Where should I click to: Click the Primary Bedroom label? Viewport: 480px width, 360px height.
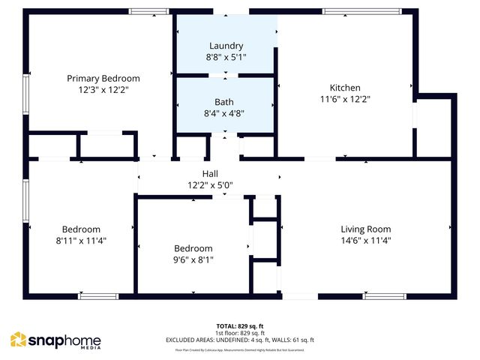coord(103,78)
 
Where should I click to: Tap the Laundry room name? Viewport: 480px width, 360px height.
coord(226,46)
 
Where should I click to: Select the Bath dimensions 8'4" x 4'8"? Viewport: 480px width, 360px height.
coord(224,114)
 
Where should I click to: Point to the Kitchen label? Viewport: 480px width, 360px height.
coord(345,88)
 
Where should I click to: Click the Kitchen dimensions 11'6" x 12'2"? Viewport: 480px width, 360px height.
coord(345,98)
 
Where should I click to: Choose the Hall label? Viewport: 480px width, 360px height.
coord(210,173)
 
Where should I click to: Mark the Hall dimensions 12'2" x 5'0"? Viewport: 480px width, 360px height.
coord(210,184)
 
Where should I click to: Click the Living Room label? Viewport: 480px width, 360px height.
coord(366,229)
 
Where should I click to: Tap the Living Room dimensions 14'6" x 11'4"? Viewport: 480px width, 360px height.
coord(366,241)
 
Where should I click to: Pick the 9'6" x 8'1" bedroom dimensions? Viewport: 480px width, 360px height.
coord(193,260)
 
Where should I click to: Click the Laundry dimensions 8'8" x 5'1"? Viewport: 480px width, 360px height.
coord(226,57)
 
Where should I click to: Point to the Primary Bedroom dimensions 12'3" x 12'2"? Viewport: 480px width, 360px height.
coord(103,89)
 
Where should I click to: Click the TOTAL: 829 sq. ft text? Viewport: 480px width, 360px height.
coord(239,325)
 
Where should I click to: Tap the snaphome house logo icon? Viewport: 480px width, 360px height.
coord(18,340)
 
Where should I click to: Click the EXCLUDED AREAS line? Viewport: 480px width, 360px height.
coord(239,340)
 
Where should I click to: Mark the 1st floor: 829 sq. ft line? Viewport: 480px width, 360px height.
coord(239,333)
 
